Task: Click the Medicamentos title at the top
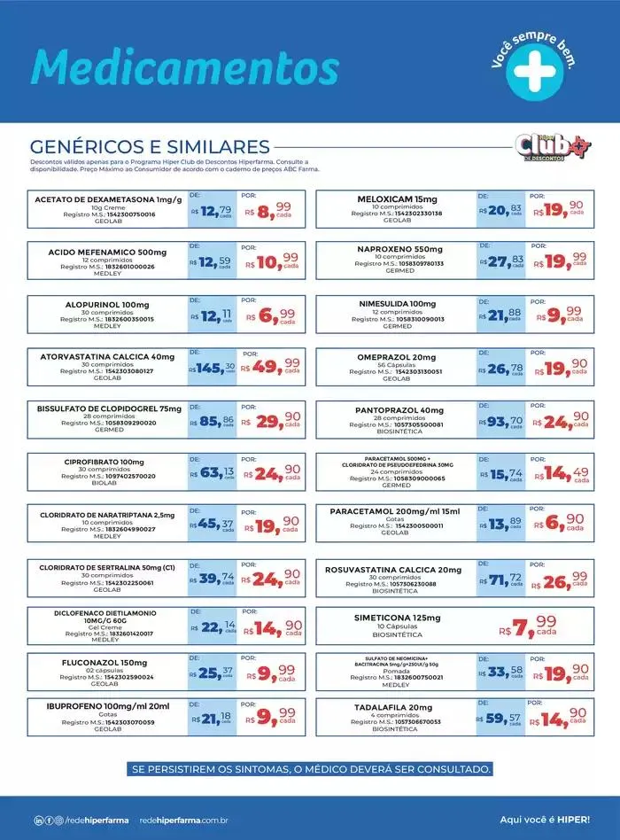(x=185, y=67)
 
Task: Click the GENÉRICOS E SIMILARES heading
(x=150, y=146)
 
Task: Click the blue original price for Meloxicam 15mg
(x=501, y=210)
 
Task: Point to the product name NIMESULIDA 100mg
(x=397, y=304)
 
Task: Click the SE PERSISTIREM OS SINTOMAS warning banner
(x=309, y=768)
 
